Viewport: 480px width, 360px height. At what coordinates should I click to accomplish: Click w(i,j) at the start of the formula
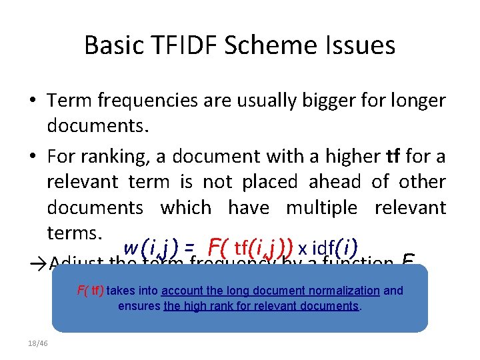click(x=150, y=247)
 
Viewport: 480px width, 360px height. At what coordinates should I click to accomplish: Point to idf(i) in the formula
click(x=335, y=247)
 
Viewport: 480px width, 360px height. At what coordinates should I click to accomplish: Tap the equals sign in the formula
click(x=190, y=248)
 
